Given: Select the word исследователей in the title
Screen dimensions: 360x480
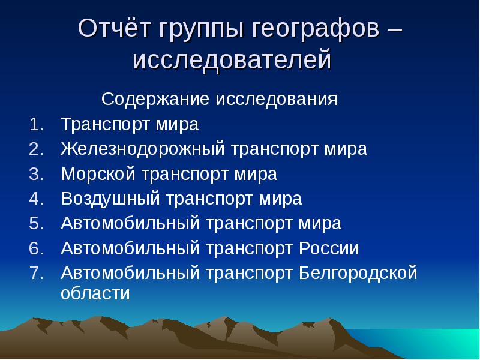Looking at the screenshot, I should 232,61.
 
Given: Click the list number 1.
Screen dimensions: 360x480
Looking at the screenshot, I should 36,124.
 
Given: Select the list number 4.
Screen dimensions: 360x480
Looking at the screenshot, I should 36,199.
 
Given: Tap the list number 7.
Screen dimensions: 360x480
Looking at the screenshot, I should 36,273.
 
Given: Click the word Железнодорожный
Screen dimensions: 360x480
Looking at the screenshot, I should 143,149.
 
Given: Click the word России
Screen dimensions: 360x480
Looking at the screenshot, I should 328,248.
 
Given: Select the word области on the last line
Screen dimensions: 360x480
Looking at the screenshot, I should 95,294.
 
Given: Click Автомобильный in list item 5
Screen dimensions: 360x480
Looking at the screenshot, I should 130,224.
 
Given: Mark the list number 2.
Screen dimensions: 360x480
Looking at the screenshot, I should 36,149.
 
